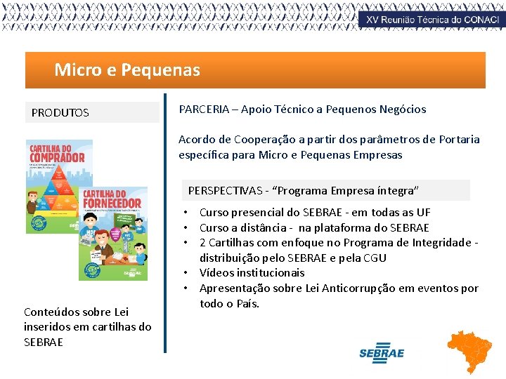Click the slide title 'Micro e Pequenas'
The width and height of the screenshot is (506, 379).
pyautogui.click(x=127, y=70)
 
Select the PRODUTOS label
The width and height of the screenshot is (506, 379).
pyautogui.click(x=60, y=112)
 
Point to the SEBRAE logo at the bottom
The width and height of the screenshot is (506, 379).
pyautogui.click(x=381, y=352)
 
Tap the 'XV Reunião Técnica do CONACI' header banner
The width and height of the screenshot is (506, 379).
pyautogui.click(x=432, y=20)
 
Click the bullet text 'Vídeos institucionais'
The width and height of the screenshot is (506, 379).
pyautogui.click(x=252, y=273)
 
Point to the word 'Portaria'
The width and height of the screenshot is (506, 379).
pyautogui.click(x=458, y=139)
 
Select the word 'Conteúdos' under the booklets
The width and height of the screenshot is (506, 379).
pyautogui.click(x=50, y=312)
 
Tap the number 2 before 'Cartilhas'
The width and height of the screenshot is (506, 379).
pyautogui.click(x=203, y=242)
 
